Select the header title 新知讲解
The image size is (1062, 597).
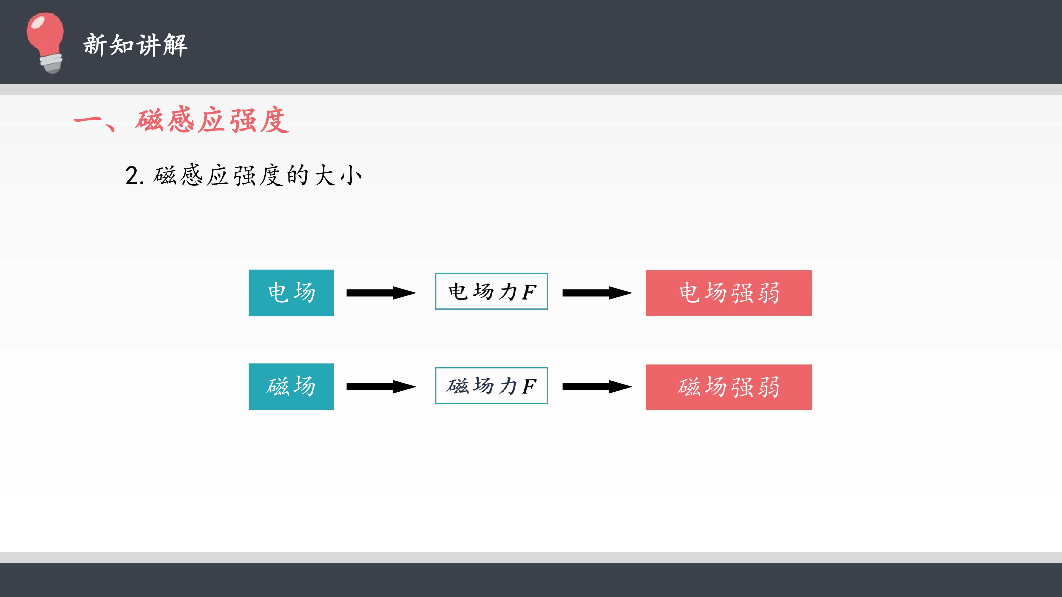135,45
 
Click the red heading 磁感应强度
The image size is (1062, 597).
212,120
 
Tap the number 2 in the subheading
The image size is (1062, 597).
132,176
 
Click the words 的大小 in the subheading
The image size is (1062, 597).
324,176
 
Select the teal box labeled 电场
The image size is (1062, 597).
291,293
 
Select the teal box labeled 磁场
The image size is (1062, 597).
291,386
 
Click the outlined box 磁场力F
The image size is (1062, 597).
491,386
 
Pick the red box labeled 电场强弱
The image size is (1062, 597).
729,293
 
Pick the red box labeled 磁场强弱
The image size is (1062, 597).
729,387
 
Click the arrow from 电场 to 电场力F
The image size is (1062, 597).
381,293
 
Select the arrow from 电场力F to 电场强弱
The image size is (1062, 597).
597,293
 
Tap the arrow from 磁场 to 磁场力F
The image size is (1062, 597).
381,386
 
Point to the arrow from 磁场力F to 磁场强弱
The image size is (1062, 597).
597,386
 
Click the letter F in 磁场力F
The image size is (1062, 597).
529,386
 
